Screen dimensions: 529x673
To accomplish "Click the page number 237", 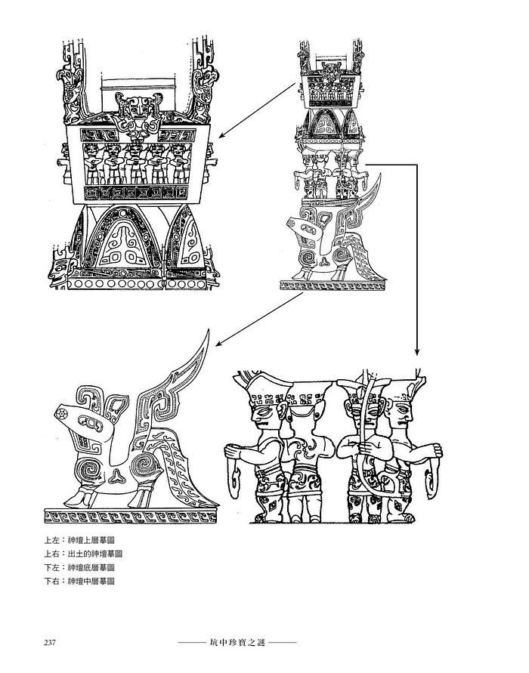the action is click(x=50, y=643).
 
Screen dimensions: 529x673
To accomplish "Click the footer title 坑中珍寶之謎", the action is click(x=237, y=643).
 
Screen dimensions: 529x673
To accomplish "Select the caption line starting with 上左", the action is click(x=79, y=540).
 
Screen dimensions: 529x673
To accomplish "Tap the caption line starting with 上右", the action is click(x=83, y=554).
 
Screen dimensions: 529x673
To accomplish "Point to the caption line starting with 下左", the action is click(x=79, y=567).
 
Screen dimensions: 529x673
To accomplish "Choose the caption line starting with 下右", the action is click(x=79, y=581).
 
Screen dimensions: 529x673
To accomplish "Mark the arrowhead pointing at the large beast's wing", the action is click(x=219, y=343).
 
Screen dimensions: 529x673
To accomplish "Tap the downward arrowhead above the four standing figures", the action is click(x=416, y=351).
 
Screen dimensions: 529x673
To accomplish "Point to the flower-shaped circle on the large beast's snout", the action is click(x=61, y=413).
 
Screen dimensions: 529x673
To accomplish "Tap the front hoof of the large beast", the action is click(x=77, y=501).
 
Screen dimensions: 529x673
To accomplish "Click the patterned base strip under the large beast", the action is click(x=131, y=517).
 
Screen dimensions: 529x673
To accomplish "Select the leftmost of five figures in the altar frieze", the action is click(x=92, y=164).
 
